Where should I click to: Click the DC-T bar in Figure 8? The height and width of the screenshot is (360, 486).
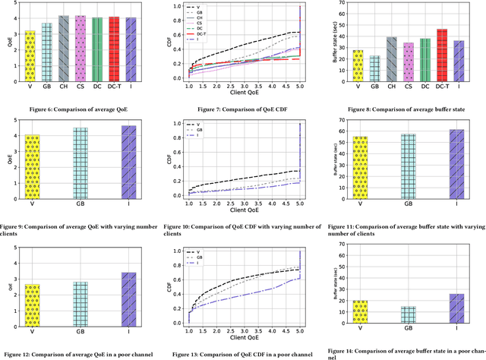coord(442,52)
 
